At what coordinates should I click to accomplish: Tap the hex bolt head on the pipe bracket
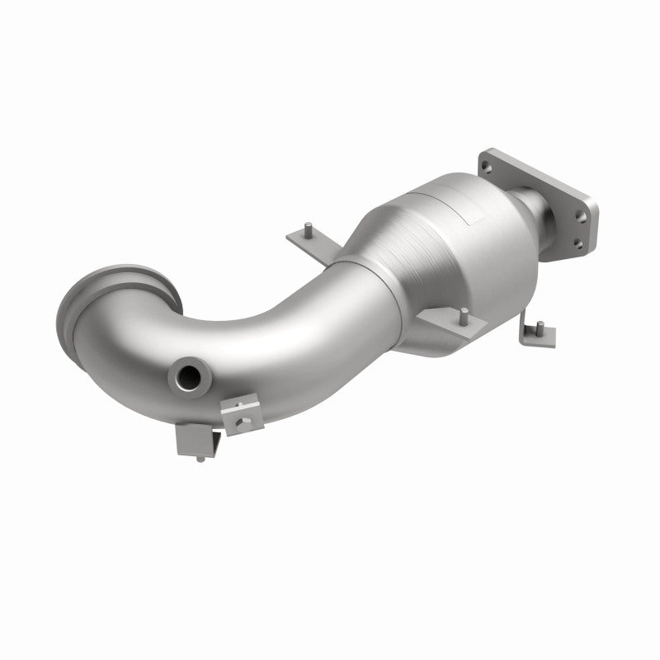pyautogui.click(x=240, y=422)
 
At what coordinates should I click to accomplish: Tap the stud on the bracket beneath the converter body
pyautogui.click(x=465, y=314)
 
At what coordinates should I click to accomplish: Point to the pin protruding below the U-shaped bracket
pyautogui.click(x=200, y=458)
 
